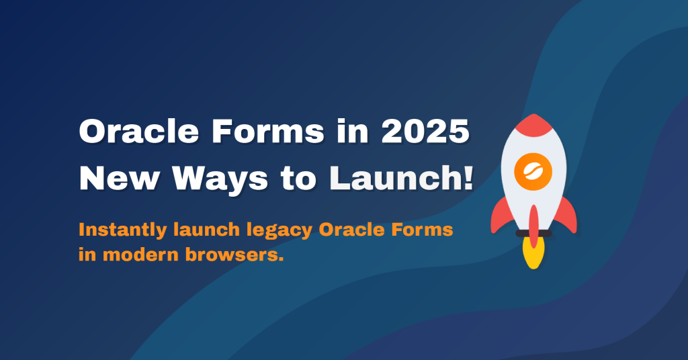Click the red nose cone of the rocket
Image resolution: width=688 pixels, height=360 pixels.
click(533, 125)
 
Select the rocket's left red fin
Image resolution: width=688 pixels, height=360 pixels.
click(501, 214)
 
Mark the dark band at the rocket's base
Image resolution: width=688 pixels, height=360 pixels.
click(533, 233)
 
